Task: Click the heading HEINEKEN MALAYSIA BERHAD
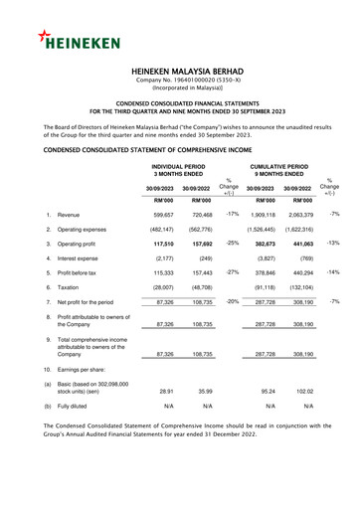click(180, 73)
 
